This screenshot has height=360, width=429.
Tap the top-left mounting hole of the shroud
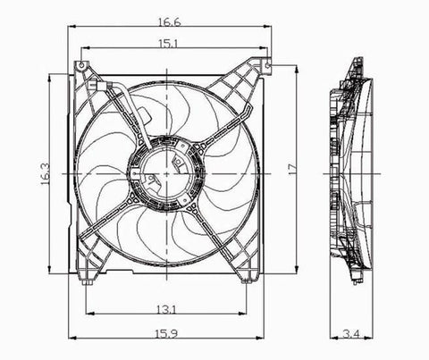click(81, 67)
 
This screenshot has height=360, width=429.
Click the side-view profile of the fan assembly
click(353, 170)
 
